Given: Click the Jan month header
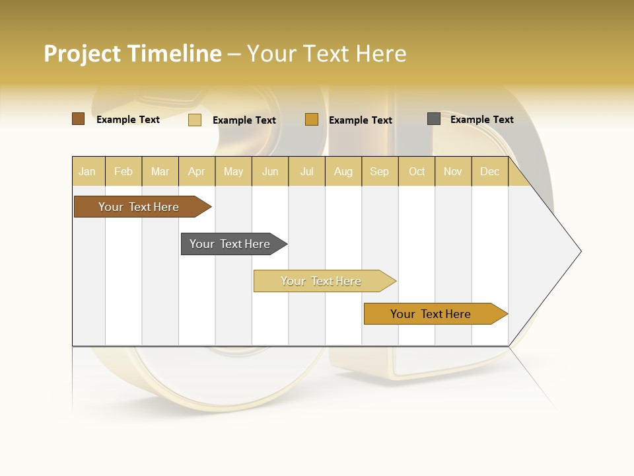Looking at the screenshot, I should tap(87, 171).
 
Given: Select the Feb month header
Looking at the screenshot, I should tap(123, 171).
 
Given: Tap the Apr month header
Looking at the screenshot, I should tap(197, 171).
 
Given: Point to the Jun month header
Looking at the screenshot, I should tap(270, 171).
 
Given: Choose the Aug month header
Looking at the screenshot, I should tap(343, 171).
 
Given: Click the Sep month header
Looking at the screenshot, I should tap(379, 171).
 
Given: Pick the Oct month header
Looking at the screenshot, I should tap(417, 171).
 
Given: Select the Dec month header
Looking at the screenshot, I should tap(489, 171).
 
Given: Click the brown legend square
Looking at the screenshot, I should tap(79, 119).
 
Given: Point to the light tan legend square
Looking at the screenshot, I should tap(195, 120).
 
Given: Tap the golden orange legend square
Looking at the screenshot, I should tap(312, 120).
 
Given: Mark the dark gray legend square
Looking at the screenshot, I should tap(434, 119).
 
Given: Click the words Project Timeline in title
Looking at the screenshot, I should tap(133, 54).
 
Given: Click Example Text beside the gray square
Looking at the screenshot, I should tap(481, 120).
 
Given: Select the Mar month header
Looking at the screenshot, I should tap(160, 171).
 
